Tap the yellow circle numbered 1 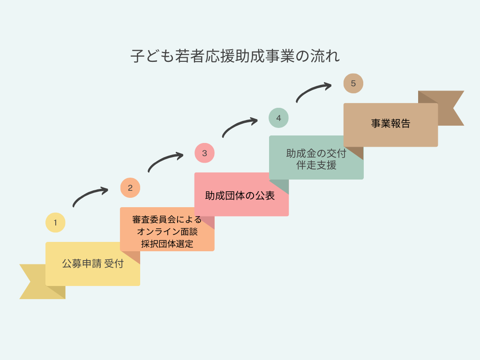coord(55,223)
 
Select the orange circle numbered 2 coord(130,188)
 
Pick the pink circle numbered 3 coord(204,153)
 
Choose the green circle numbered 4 coord(278,118)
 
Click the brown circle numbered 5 coord(353,83)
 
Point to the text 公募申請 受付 coord(92,263)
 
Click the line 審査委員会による coord(167,219)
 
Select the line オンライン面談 coord(167,232)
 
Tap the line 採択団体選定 coord(167,244)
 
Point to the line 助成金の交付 coord(316,153)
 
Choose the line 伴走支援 coord(316,165)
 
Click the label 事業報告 coord(390,124)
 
